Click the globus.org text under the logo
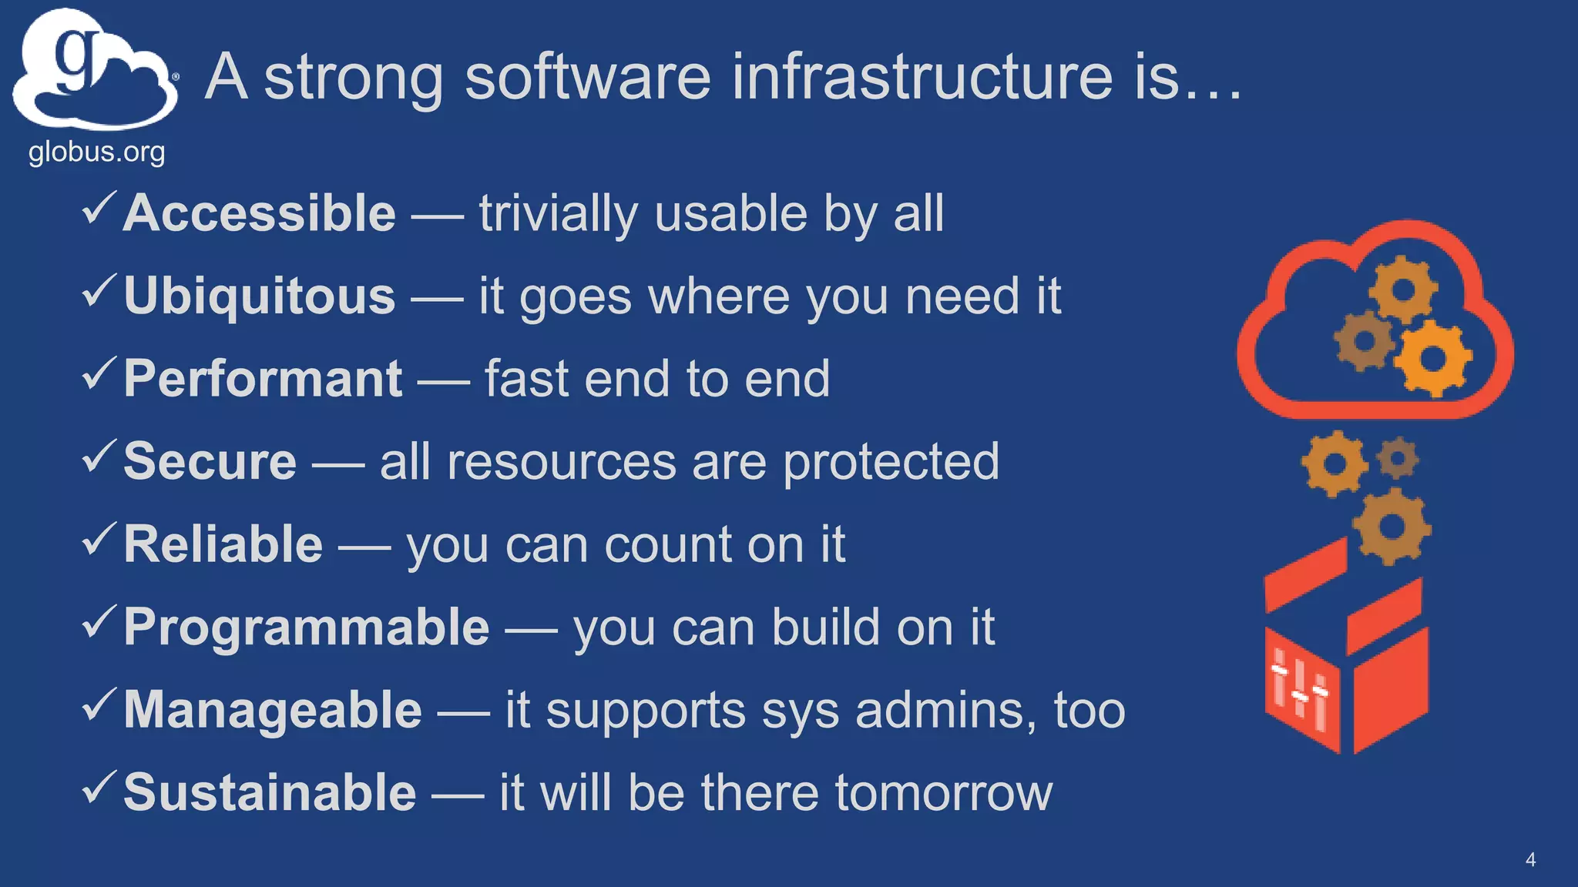[x=96, y=152]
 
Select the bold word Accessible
[x=260, y=213]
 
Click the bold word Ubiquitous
[x=260, y=296]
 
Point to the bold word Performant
[x=263, y=379]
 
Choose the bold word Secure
[x=210, y=462]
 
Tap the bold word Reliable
[x=223, y=544]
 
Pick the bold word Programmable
[x=307, y=627]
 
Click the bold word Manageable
[x=273, y=710]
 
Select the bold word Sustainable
[x=270, y=792]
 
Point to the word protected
[x=891, y=463]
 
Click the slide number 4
[x=1530, y=860]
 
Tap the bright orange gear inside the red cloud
[x=1432, y=358]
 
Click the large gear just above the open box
[x=1392, y=527]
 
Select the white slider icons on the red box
[x=1301, y=690]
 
